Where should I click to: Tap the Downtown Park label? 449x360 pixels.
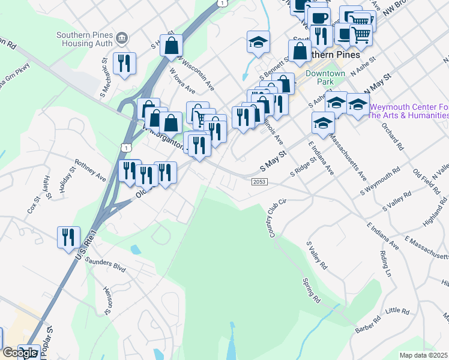click(x=325, y=77)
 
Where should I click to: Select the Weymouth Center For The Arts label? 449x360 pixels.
click(x=408, y=111)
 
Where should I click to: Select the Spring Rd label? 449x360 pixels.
click(x=312, y=290)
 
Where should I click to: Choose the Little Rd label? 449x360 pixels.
click(x=397, y=311)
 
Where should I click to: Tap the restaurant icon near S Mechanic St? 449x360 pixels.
click(x=124, y=63)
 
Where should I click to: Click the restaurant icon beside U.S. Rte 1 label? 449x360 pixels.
click(x=68, y=236)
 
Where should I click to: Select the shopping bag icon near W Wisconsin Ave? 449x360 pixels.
click(x=172, y=45)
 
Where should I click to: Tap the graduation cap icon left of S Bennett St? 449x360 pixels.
click(x=258, y=42)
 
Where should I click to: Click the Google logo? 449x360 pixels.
click(x=20, y=353)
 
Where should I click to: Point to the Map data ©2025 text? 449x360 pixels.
click(x=424, y=355)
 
